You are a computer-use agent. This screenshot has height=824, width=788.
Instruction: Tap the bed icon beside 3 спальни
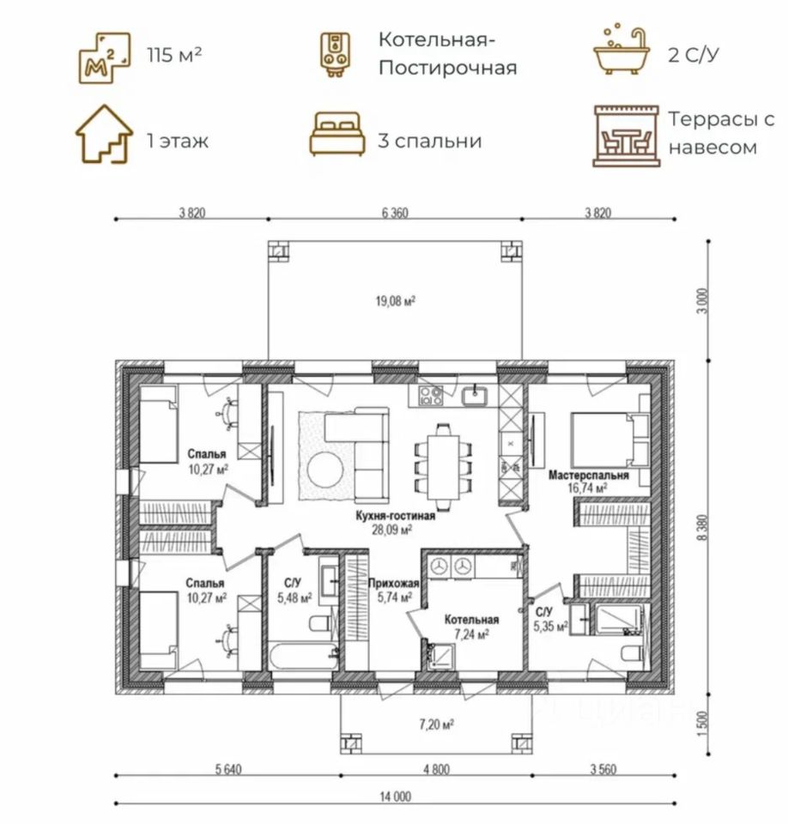click(337, 134)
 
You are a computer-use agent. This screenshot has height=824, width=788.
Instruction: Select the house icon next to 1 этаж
click(104, 134)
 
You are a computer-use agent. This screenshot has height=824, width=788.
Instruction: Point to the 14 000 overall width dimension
click(396, 797)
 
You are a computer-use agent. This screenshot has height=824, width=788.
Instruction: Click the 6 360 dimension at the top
click(395, 213)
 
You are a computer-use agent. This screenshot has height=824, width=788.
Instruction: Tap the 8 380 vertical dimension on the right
click(705, 527)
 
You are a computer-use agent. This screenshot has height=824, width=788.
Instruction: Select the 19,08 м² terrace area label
click(396, 301)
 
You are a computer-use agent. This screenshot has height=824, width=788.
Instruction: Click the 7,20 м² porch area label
click(436, 724)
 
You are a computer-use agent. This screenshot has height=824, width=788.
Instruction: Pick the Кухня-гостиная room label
click(396, 516)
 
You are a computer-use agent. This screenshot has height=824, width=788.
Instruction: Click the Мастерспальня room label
click(589, 475)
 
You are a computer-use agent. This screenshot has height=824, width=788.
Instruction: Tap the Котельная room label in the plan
click(471, 620)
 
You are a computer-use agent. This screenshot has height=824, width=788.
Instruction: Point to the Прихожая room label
click(393, 583)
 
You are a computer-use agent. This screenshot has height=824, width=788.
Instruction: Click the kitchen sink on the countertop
click(475, 396)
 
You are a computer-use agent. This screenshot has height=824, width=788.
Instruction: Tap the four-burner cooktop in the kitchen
click(431, 395)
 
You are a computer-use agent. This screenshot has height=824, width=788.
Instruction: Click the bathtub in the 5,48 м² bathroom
click(303, 655)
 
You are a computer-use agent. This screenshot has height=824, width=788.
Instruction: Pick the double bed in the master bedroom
click(610, 439)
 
